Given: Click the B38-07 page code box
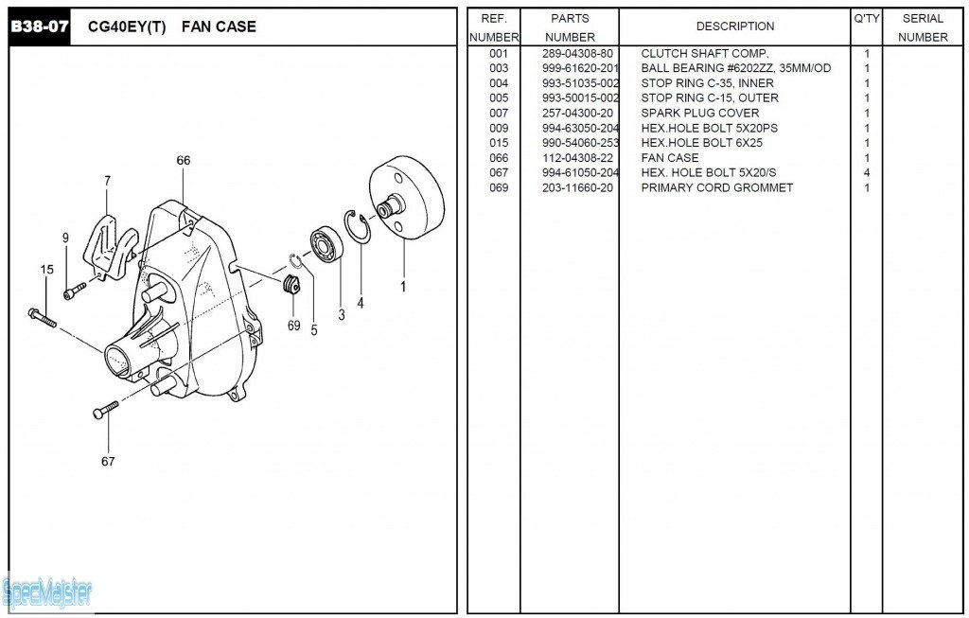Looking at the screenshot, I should pyautogui.click(x=40, y=26).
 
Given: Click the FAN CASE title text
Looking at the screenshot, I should pyautogui.click(x=224, y=26).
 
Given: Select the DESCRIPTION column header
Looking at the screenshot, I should pyautogui.click(x=734, y=26).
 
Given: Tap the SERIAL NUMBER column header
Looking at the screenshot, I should pyautogui.click(x=923, y=27).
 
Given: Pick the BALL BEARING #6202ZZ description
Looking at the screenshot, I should pyautogui.click(x=735, y=68).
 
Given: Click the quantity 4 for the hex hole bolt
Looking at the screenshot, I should pyautogui.click(x=867, y=173).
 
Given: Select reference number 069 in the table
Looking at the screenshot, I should pyautogui.click(x=499, y=188).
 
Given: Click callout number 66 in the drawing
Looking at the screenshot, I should pyautogui.click(x=184, y=161).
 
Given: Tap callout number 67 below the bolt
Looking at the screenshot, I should pyautogui.click(x=108, y=462).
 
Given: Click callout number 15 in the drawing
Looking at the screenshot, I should pyautogui.click(x=47, y=270).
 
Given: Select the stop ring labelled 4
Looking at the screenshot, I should pyautogui.click(x=357, y=226).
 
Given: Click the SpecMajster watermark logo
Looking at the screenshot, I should pyautogui.click(x=47, y=593).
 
